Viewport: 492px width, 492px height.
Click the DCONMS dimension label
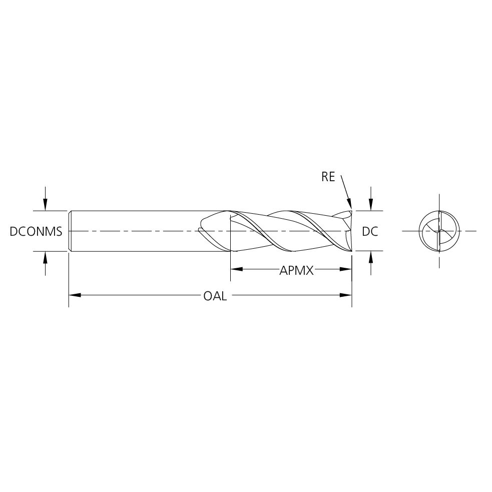[x=36, y=232]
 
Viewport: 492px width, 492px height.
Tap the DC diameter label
[x=370, y=232]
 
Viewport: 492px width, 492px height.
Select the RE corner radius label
[x=328, y=177]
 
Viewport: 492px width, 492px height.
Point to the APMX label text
[x=296, y=270]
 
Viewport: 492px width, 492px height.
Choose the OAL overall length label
[x=215, y=296]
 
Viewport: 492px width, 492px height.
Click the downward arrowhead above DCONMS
[x=46, y=205]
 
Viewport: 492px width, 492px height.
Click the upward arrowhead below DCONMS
[x=46, y=257]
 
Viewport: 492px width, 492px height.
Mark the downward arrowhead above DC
[x=371, y=205]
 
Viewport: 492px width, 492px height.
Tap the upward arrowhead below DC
[x=371, y=257]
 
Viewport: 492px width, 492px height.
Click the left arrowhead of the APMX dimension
[x=237, y=269]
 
